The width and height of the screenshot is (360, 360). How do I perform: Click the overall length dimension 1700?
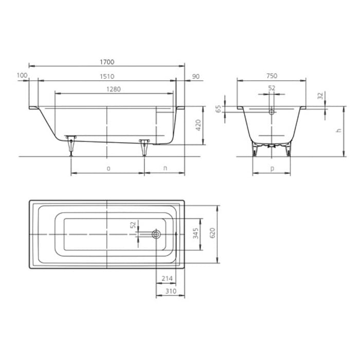(x=107, y=62)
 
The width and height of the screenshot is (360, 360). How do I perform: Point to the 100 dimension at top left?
(x=22, y=76)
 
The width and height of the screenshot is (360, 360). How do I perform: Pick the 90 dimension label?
(x=195, y=76)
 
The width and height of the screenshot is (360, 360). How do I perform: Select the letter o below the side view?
(x=108, y=168)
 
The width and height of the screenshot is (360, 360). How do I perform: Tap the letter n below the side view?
(x=165, y=168)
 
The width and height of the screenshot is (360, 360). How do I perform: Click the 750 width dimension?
(x=272, y=76)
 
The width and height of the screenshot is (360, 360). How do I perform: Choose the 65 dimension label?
(x=219, y=109)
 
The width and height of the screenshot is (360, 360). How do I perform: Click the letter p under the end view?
(x=272, y=168)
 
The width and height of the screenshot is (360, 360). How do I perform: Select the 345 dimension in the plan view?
(x=195, y=234)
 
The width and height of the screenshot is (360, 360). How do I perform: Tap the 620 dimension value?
(x=212, y=234)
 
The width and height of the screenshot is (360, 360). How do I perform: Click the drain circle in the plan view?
(x=156, y=235)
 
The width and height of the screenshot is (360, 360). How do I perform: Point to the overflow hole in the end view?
(x=272, y=110)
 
